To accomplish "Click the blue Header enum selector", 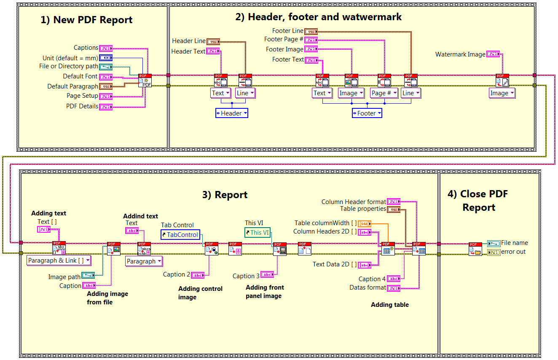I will coord(231,113).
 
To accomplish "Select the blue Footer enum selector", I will coord(367,113).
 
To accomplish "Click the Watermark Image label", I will coord(460,54).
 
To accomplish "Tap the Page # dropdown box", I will coord(384,93).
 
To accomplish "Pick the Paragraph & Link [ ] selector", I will coord(59,261).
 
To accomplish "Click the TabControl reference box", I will coord(180,235).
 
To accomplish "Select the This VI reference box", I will coord(257,232).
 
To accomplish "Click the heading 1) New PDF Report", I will coord(86,20).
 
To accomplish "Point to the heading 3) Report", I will coord(225,194).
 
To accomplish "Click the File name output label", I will coord(514,243).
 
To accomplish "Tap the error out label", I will coord(513,252).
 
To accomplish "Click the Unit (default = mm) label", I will coord(70,58).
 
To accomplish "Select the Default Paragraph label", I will coord(72,86).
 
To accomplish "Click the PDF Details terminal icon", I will coord(106,106).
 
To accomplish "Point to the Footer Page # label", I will coord(284,39).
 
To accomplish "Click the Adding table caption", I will coord(389,304).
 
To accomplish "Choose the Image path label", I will coord(64,277).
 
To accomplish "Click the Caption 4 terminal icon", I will coord(394,279).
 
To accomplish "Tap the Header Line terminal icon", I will coord(213,41).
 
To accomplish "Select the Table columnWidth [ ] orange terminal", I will coord(364,223).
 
